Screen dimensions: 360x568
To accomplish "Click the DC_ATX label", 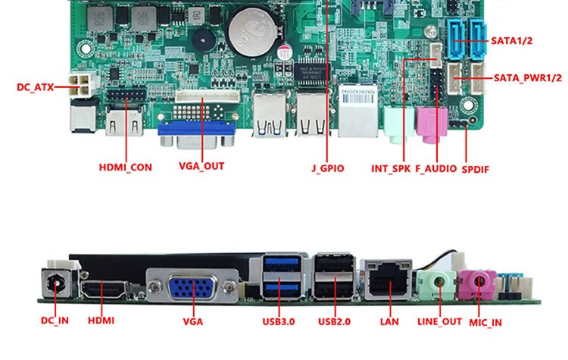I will tap(35, 87).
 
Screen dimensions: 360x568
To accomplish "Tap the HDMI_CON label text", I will tap(125, 166).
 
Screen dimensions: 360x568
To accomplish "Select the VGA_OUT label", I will tap(201, 166).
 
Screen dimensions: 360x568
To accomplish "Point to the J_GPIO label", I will tap(327, 167).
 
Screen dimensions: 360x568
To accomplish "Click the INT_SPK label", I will tap(390, 168).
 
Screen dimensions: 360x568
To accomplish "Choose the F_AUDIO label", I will tap(436, 168).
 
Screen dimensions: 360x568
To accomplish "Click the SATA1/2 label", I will tap(512, 41).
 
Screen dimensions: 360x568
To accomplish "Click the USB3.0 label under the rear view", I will tap(279, 321).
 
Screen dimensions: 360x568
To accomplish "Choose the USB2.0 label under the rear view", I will tap(335, 321).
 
